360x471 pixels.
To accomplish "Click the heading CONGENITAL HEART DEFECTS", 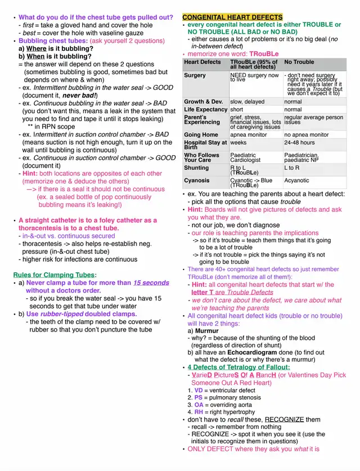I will coord(232,17).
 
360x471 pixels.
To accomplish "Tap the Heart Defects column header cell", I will coord(202,62).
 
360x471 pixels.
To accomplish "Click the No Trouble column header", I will coord(299,62).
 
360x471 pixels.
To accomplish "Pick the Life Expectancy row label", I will coord(206,110).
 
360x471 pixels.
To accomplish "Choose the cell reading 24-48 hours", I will coord(299,143).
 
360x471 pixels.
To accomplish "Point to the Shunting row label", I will coord(196,168).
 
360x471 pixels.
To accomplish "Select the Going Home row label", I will coord(201,135).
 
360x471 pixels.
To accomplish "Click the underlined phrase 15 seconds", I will coord(151,282).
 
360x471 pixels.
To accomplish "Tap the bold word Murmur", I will coord(207,331).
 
